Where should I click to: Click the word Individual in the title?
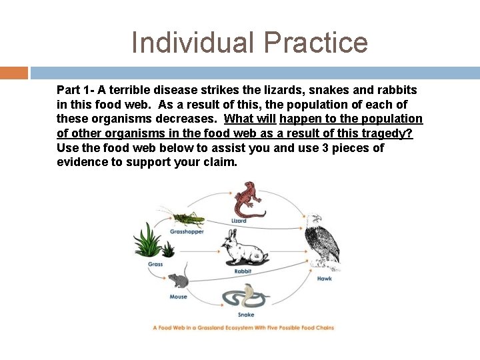tap(193, 43)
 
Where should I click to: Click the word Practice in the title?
tap(315, 43)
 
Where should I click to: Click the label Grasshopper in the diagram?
tap(187, 232)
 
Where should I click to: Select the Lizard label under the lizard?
tap(239, 221)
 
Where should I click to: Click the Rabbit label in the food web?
tap(243, 271)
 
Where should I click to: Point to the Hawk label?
tap(324, 279)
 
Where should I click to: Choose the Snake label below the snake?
tap(245, 315)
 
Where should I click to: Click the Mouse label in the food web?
tap(178, 297)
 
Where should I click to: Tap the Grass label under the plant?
tap(155, 265)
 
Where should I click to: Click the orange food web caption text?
tap(243, 328)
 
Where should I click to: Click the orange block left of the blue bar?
tap(13, 72)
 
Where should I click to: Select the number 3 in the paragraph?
tap(325, 148)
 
